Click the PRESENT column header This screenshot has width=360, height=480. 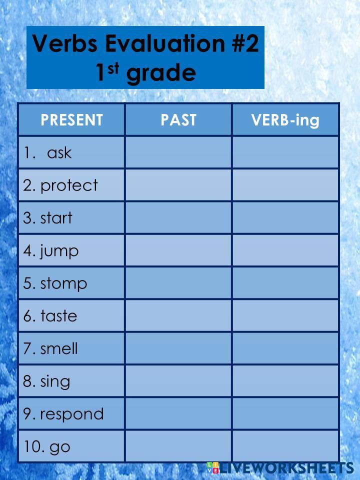71,120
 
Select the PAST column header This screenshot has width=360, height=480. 178,120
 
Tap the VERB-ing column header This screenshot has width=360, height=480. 285,120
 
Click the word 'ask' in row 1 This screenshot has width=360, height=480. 59,152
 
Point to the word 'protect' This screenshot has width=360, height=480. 69,185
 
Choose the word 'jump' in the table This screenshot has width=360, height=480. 59,250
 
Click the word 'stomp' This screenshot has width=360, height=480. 63,283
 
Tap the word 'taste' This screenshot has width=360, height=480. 58,316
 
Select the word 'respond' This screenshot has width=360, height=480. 71,414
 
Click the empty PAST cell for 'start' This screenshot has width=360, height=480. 178,218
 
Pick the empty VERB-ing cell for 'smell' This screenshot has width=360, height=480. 285,348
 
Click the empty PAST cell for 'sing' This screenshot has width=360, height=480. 178,381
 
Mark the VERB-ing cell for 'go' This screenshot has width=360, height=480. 285,446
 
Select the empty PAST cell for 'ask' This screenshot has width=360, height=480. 178,152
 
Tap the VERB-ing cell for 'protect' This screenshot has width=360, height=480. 285,185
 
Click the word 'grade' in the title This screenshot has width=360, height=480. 161,73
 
